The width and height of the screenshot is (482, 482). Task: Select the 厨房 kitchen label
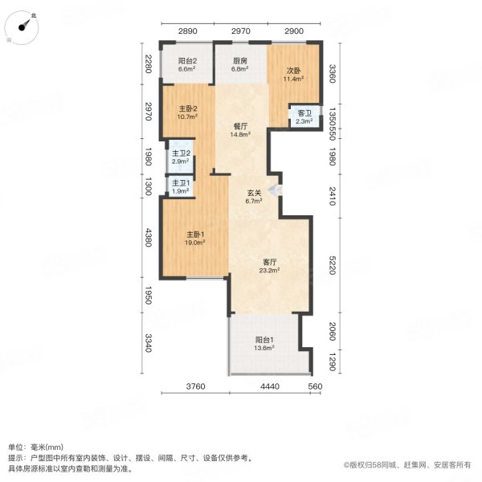tap(239, 61)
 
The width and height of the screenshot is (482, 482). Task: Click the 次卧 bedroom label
tap(295, 71)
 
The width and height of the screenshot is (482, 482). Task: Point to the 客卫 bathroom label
tap(304, 113)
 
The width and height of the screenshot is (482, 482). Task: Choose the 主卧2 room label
tap(188, 108)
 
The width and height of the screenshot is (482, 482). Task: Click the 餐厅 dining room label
tap(239, 126)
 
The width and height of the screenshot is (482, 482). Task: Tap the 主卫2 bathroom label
tap(180, 153)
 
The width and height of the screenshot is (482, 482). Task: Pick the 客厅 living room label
tap(269, 262)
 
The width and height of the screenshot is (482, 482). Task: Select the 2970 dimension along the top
tap(241, 31)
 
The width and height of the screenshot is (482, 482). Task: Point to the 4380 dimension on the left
tap(147, 239)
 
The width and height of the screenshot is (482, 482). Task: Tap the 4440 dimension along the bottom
tap(269, 386)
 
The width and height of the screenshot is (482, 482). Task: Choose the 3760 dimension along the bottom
tap(197, 386)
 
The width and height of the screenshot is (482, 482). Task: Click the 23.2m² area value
tap(269, 270)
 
